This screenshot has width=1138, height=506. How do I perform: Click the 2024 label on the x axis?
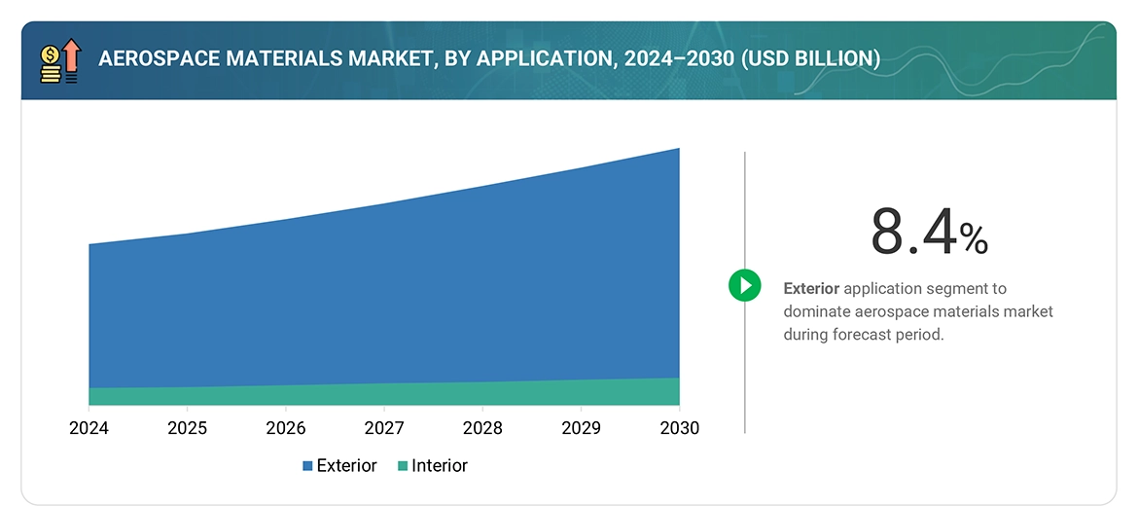click(x=89, y=428)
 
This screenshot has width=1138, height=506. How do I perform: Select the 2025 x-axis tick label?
click(x=187, y=428)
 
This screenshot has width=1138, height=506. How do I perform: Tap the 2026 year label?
click(x=286, y=428)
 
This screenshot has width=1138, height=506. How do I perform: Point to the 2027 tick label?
click(x=384, y=428)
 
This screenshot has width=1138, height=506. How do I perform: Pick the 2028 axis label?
click(x=482, y=428)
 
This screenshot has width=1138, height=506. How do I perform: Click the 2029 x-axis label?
click(x=581, y=428)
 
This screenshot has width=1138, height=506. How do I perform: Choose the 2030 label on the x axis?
click(x=679, y=428)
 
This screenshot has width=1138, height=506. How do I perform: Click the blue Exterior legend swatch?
click(x=307, y=466)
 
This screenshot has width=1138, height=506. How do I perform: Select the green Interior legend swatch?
click(x=403, y=466)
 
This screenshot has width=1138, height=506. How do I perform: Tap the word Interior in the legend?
click(x=440, y=466)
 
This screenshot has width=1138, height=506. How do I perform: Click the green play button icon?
click(x=745, y=285)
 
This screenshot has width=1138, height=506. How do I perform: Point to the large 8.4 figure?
click(x=912, y=233)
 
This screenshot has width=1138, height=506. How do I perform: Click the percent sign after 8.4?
click(x=974, y=238)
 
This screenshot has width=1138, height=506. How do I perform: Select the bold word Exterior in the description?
click(x=811, y=289)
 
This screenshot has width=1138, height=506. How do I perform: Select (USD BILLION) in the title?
click(x=810, y=59)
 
